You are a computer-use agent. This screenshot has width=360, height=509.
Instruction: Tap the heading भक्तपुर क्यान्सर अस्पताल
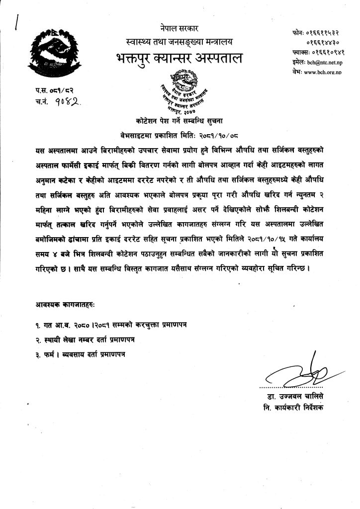click(178, 58)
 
